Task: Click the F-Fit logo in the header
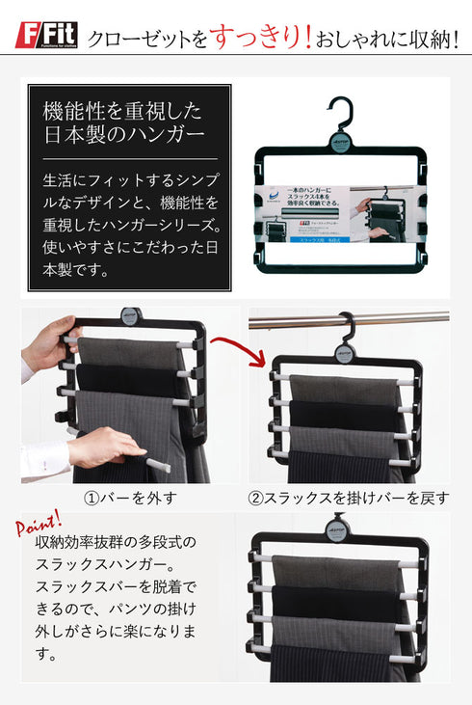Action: click(x=47, y=38)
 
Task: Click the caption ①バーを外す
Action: click(x=130, y=499)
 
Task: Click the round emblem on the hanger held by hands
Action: click(x=131, y=317)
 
